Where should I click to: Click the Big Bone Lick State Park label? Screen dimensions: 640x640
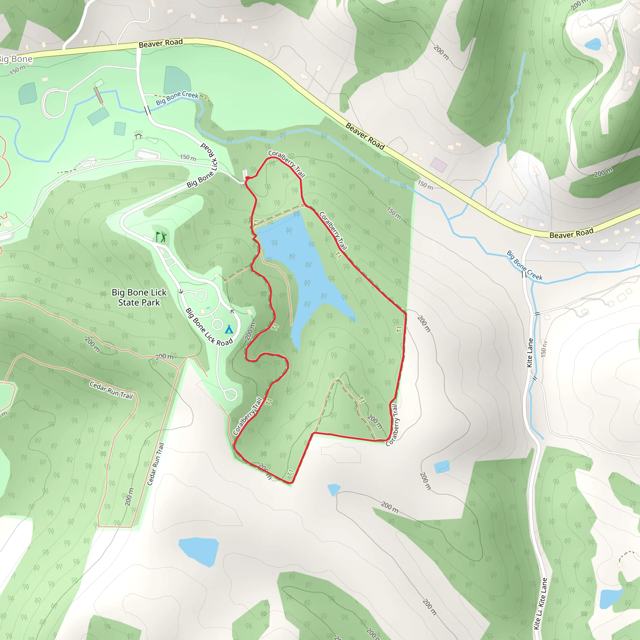pos(139,297)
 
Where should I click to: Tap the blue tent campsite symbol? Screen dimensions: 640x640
pos(229,329)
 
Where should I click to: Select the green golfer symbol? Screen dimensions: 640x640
pos(161,237)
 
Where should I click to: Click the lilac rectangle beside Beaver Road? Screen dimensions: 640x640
pos(438,165)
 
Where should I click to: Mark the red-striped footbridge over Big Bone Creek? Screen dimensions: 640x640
pos(98,95)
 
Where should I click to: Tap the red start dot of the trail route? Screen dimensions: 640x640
pos(247,178)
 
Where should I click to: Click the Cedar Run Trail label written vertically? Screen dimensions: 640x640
pos(156,464)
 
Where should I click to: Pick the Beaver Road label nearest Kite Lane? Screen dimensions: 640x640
pos(571,233)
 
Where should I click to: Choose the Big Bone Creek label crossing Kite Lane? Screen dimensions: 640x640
pos(524,265)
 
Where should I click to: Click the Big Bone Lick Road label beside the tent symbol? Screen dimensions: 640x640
pos(209,327)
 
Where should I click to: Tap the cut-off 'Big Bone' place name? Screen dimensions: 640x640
pos(16,60)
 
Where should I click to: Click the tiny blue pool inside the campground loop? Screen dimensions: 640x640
pos(208,308)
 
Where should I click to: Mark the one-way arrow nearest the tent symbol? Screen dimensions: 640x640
pos(232,312)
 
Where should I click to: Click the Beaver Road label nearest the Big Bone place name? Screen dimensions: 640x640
pos(161,43)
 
